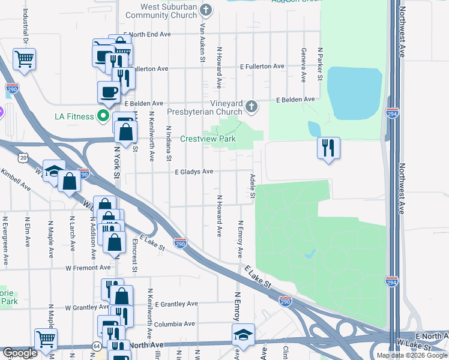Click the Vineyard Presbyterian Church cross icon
(252, 107)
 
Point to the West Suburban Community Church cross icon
(206, 10)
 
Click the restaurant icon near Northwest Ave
(328, 148)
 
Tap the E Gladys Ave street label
(194, 172)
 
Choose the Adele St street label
(253, 187)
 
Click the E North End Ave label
(147, 35)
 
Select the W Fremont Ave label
(88, 268)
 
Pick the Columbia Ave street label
(175, 324)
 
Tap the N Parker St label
(321, 65)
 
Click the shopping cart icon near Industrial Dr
(25, 59)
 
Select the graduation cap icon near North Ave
(243, 334)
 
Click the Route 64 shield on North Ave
(96, 346)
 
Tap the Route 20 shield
(23, 157)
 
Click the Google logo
(20, 353)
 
